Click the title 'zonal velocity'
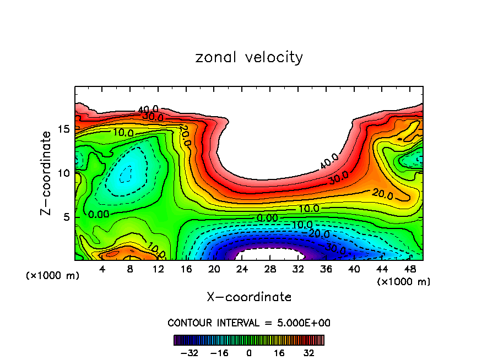pos(249,57)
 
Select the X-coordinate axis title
pos(249,297)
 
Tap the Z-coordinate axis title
pos(48,173)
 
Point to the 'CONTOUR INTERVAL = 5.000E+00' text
pos(249,323)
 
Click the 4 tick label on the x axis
pos(102,269)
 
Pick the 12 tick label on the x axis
pos(159,269)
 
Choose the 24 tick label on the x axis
pos(241,269)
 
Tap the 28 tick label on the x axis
pos(269,269)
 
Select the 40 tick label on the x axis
pos(354,269)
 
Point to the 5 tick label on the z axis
pos(66,217)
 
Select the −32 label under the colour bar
pos(188,352)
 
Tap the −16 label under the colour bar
pos(219,352)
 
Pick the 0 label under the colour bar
pos(249,352)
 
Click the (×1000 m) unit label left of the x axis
pos(52,276)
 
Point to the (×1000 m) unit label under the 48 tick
pos(403,281)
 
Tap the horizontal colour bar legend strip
pos(249,340)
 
